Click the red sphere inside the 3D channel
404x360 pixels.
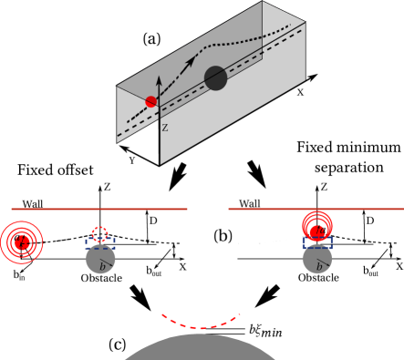point(150,101)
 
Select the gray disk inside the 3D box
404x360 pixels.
point(216,78)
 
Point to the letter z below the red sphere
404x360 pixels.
point(164,128)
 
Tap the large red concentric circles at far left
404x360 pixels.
point(21,242)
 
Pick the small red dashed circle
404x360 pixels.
point(100,234)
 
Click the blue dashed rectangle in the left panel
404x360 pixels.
point(100,243)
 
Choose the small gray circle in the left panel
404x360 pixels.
point(100,261)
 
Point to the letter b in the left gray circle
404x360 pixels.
point(102,266)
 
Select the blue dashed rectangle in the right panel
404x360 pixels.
point(317,242)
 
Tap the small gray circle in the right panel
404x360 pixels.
point(317,261)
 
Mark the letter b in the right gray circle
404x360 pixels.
point(318,266)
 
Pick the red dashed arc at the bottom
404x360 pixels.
point(201,324)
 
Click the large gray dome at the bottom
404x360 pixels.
point(200,349)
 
